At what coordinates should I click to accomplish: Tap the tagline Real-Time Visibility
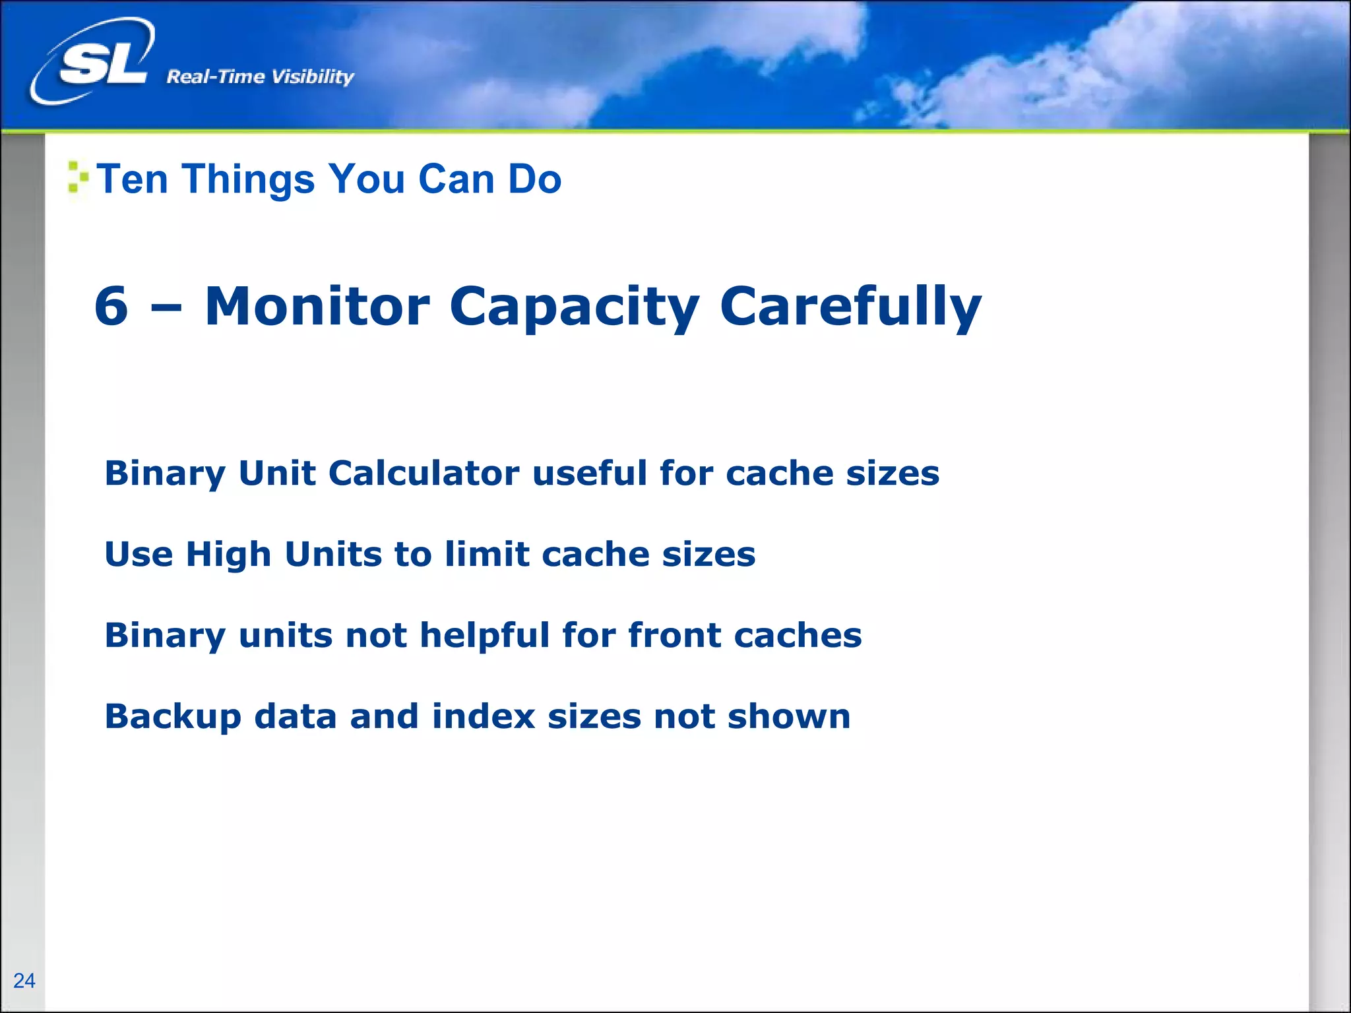(x=260, y=77)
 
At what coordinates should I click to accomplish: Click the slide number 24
(x=24, y=981)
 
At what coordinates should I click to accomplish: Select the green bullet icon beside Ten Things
(x=77, y=177)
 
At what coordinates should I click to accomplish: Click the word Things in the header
(x=248, y=179)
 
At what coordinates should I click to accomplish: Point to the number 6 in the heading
(x=111, y=306)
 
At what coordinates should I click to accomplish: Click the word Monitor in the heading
(x=317, y=306)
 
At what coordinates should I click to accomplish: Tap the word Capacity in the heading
(x=574, y=307)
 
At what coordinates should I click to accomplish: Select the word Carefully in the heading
(x=850, y=307)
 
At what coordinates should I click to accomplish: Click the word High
(x=228, y=555)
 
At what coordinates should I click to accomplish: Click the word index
(x=484, y=716)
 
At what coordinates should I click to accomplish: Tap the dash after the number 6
(x=166, y=307)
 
